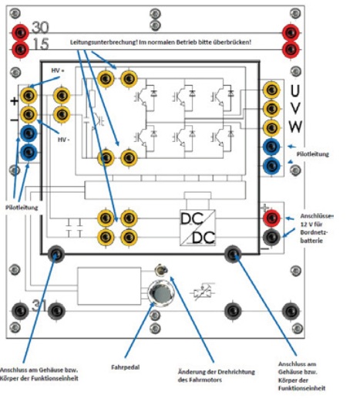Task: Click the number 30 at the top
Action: coord(40,27)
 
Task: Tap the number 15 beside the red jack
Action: coord(41,44)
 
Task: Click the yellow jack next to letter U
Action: coord(271,90)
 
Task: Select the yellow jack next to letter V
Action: coord(271,109)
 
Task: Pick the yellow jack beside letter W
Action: coord(271,128)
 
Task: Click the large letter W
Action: coord(295,127)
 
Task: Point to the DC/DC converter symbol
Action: coord(197,228)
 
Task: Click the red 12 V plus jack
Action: coord(271,218)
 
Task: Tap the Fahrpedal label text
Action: coord(126,367)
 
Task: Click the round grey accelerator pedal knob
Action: coord(161,293)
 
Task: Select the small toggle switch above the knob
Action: coord(161,270)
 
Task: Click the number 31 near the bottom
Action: coord(39,306)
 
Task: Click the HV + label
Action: coord(58,70)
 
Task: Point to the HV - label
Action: coord(63,140)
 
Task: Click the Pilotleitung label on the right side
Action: coord(312,154)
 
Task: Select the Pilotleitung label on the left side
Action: coord(22,208)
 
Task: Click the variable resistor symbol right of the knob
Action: coord(204,292)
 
